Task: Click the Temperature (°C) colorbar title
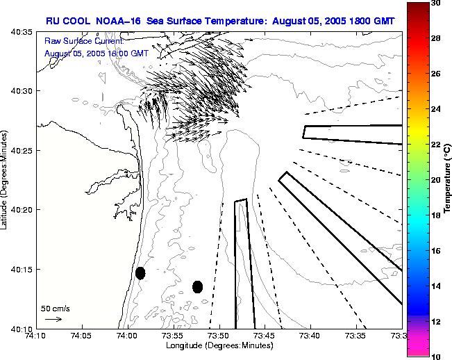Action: tap(448, 179)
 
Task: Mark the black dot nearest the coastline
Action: tap(140, 273)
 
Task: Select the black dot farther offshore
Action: tap(198, 286)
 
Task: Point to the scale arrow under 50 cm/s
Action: tap(53, 319)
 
